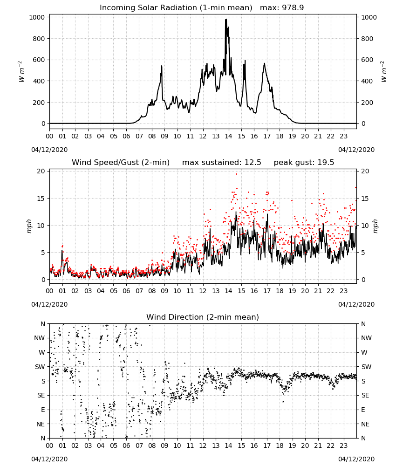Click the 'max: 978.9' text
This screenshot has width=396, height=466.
tap(282, 8)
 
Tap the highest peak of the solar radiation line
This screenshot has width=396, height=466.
tap(226, 19)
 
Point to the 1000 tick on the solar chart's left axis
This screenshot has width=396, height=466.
tap(37, 17)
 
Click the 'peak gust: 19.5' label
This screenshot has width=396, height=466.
tap(304, 163)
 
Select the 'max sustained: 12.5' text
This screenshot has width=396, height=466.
tap(222, 163)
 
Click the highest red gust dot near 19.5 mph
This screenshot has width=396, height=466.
tap(237, 174)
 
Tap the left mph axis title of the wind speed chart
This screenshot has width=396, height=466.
tap(29, 226)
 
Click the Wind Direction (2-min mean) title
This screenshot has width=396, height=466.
tap(203, 317)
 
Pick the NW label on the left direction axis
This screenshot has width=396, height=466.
tap(40, 338)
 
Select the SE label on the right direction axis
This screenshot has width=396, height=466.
tap(365, 395)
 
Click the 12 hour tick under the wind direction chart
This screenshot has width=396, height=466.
tap(203, 445)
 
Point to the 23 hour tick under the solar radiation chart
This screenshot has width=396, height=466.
tap(343, 137)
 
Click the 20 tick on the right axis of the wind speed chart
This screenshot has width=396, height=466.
tap(365, 171)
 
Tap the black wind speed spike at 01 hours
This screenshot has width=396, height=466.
tap(62, 251)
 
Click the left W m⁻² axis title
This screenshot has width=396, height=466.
tap(21, 72)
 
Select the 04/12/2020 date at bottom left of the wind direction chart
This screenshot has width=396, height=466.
tap(49, 459)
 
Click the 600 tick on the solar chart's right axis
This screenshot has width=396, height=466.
tap(367, 60)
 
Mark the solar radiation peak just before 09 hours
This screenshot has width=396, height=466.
tap(162, 66)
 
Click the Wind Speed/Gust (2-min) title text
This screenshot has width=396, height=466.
tap(121, 163)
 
